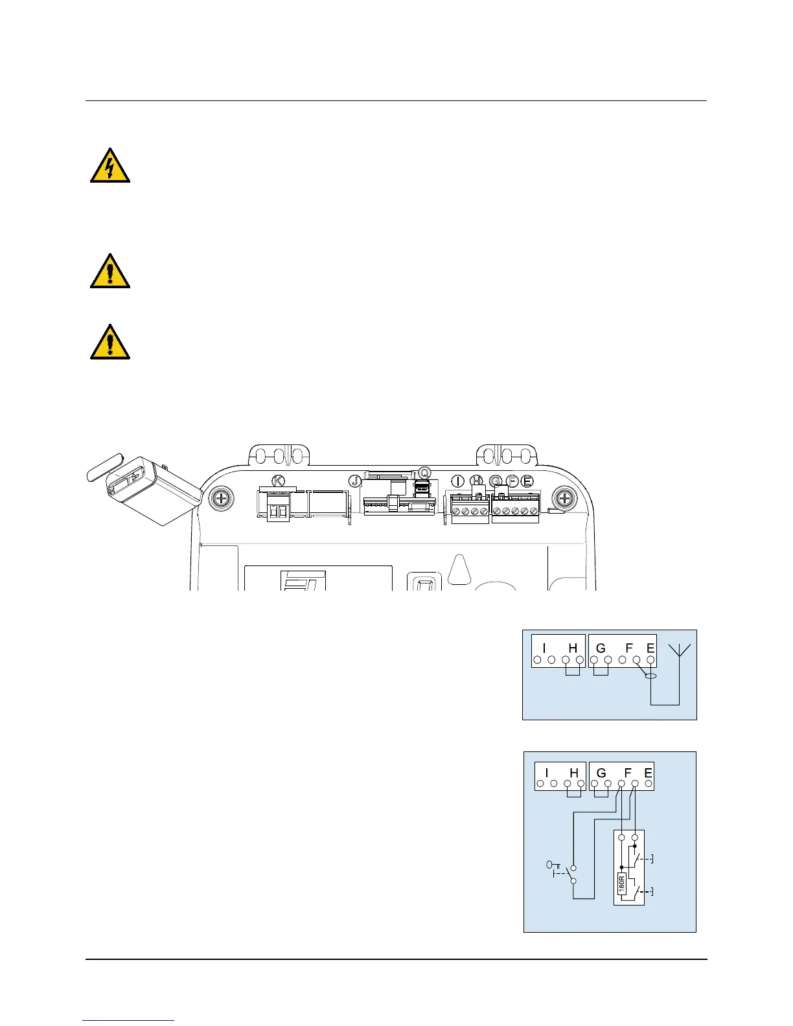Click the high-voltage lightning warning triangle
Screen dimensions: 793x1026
(x=110, y=166)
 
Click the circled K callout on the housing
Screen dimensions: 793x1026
(x=278, y=481)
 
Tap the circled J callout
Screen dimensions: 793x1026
(x=354, y=481)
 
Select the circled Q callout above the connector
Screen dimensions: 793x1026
(x=424, y=472)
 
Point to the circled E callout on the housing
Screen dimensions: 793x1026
(x=527, y=481)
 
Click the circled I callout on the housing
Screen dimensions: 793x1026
(x=458, y=481)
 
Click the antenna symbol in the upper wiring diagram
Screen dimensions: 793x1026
(x=679, y=651)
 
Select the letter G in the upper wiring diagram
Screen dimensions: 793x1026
(x=601, y=648)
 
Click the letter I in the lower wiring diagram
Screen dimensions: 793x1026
(x=547, y=773)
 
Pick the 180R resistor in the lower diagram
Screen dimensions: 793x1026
(x=621, y=883)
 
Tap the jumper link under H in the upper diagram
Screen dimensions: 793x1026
(x=572, y=671)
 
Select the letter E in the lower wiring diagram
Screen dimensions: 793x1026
(x=648, y=773)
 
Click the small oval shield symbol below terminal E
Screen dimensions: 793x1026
(x=650, y=677)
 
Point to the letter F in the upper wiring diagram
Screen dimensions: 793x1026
(x=628, y=648)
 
